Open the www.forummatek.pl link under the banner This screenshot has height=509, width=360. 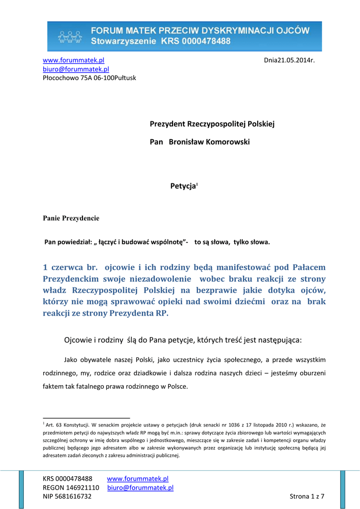click(x=73, y=60)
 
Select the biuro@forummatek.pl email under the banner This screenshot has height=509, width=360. click(x=76, y=69)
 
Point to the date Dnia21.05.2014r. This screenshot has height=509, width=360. click(x=290, y=60)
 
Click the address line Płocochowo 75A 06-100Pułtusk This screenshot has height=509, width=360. click(x=89, y=78)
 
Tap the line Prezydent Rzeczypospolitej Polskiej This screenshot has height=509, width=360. click(x=212, y=123)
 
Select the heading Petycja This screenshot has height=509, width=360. click(x=183, y=186)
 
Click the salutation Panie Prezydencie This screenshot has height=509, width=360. click(x=71, y=218)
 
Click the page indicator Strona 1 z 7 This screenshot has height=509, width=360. click(x=307, y=497)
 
